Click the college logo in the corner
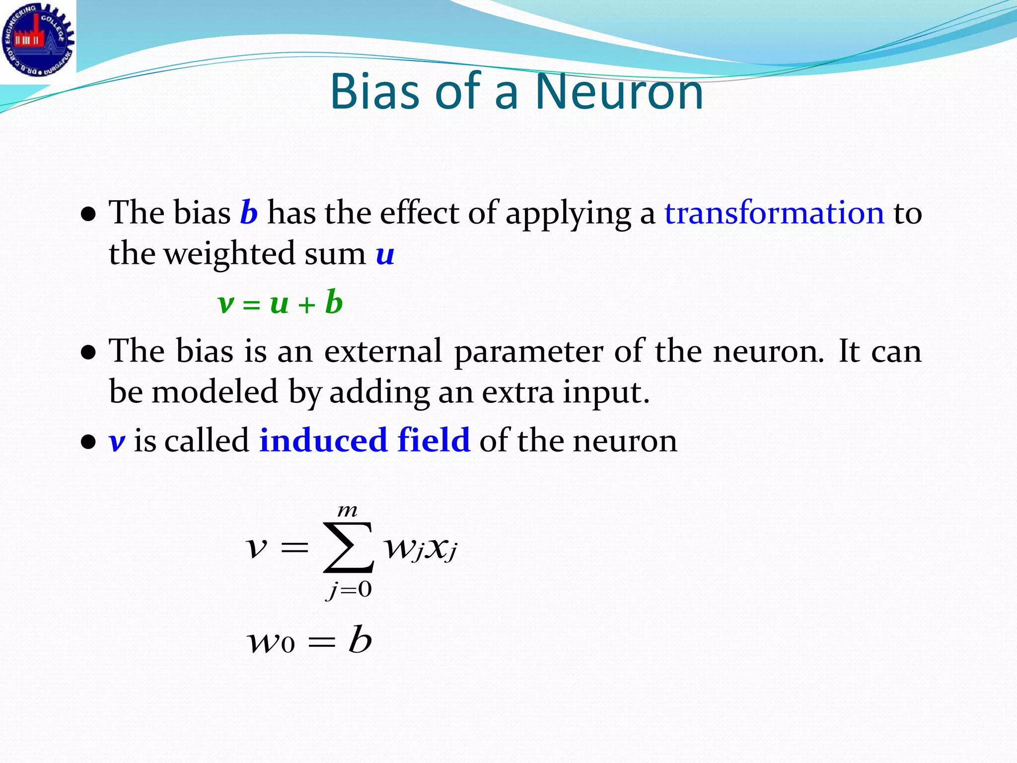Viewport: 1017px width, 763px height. pyautogui.click(x=38, y=40)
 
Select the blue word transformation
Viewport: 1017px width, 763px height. pyautogui.click(x=774, y=213)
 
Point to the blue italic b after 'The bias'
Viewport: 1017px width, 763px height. pyautogui.click(x=249, y=213)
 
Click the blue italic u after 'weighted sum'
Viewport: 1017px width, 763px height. pyautogui.click(x=385, y=254)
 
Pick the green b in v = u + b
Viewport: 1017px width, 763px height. pyautogui.click(x=334, y=303)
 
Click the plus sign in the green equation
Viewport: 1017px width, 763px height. pyautogui.click(x=307, y=305)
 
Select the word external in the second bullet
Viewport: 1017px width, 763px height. pyautogui.click(x=383, y=351)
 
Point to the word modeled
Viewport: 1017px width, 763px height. pyautogui.click(x=215, y=392)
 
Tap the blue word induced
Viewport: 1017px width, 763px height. pyautogui.click(x=323, y=440)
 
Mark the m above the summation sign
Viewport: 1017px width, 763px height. pyautogui.click(x=347, y=511)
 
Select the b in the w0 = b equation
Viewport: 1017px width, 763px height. pyautogui.click(x=360, y=640)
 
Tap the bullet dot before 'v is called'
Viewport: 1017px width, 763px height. pyautogui.click(x=88, y=442)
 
